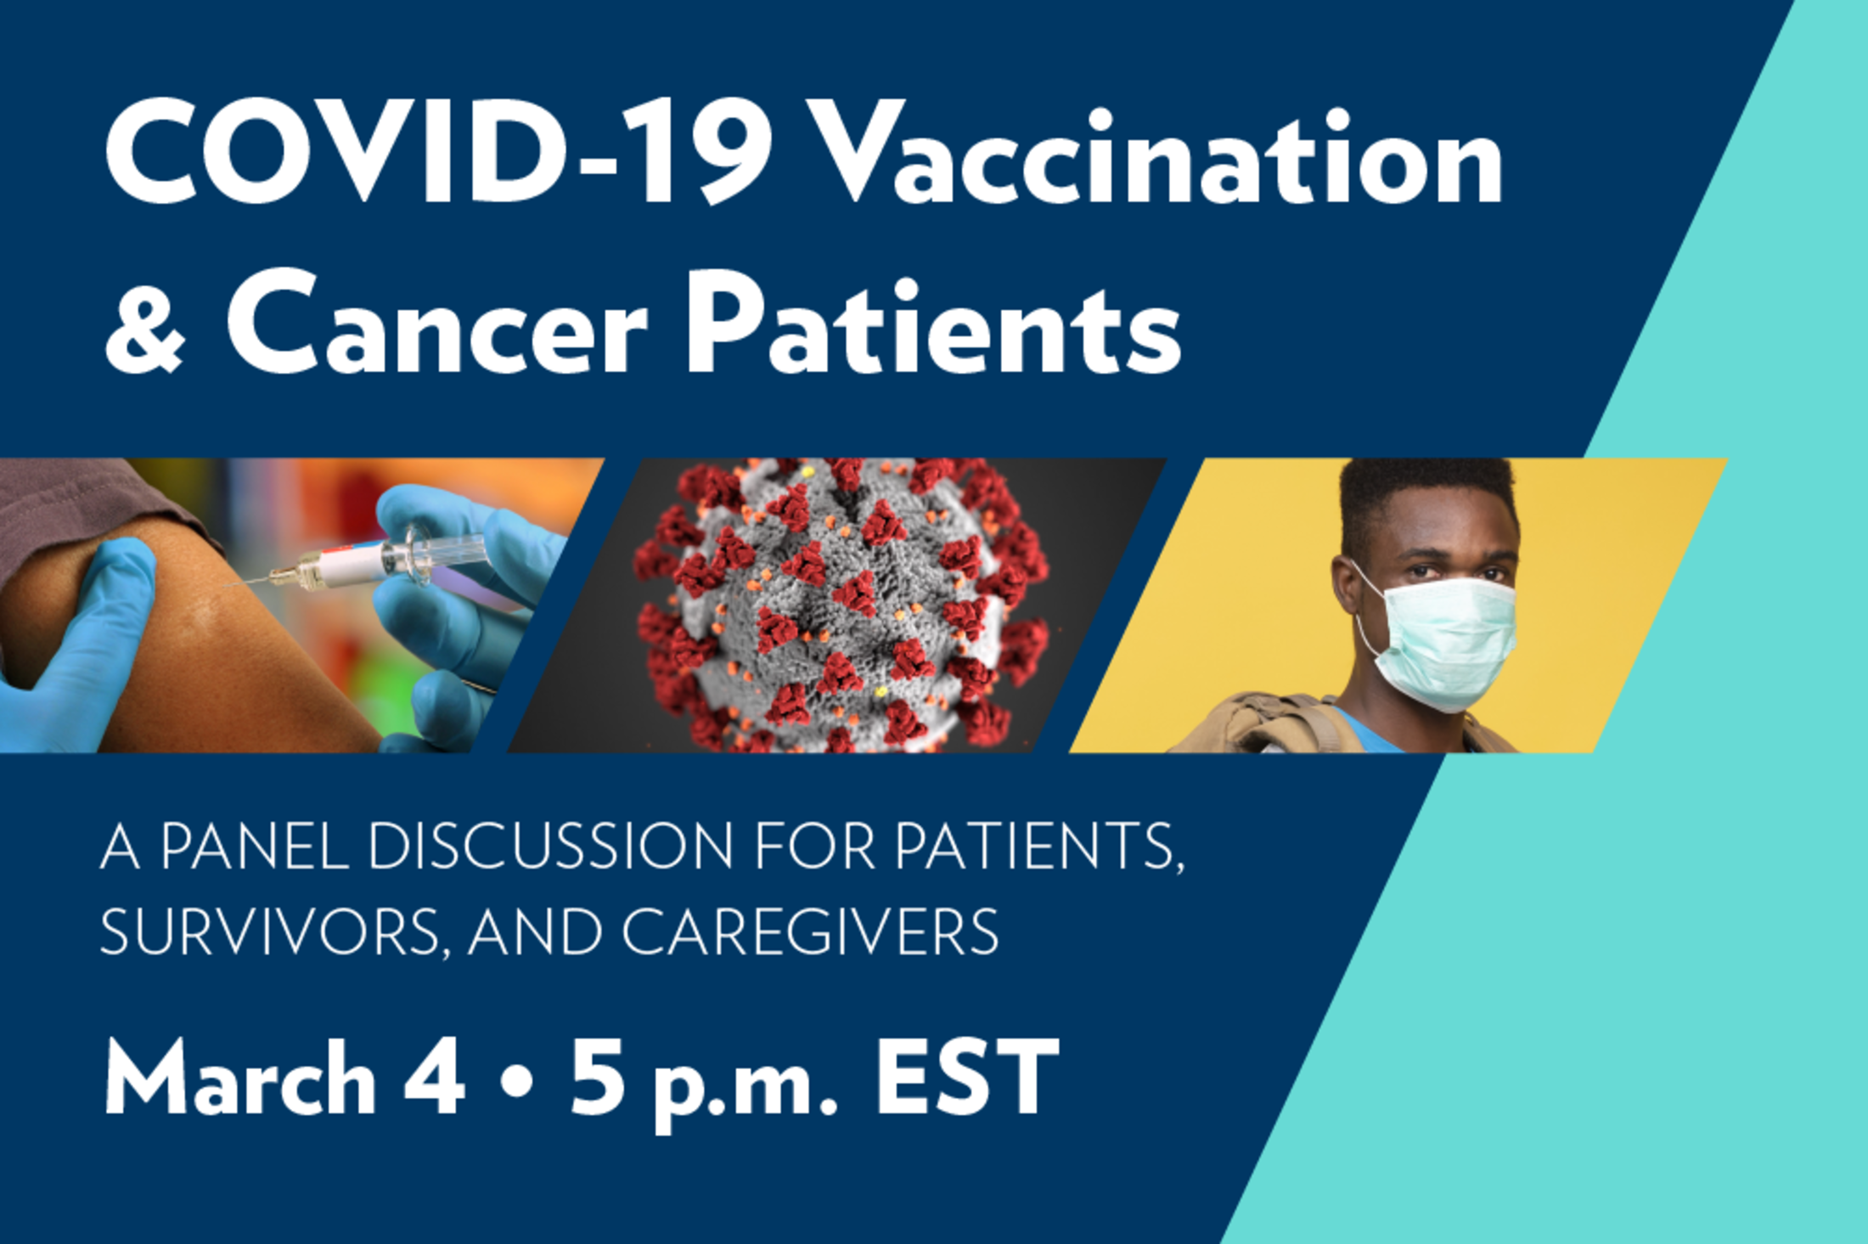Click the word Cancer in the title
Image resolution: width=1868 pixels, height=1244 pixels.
pos(436,323)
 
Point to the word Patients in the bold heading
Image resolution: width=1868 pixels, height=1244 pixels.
pos(933,323)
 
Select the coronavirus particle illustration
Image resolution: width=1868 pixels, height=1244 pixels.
pos(841,605)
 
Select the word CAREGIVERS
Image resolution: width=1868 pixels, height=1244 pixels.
pos(811,932)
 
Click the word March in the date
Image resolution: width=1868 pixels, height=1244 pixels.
pos(241,1078)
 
